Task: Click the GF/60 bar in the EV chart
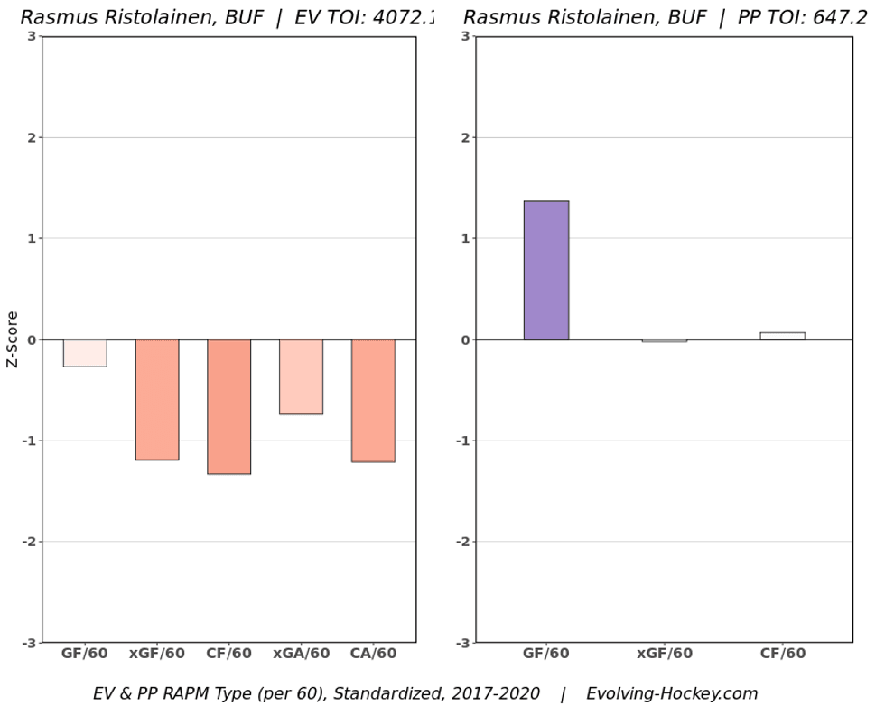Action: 85,353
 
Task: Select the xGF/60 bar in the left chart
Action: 157,400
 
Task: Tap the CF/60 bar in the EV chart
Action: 228,406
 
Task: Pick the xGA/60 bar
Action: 301,376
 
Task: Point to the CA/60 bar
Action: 373,401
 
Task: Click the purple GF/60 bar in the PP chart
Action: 546,271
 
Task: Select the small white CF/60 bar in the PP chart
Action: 782,336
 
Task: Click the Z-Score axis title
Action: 13,339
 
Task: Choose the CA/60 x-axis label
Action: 373,654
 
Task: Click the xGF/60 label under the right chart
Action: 665,654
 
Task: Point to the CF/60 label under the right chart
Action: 782,654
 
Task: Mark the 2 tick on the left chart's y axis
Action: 32,137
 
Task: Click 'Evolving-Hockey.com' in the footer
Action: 672,694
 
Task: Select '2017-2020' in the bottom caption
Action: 498,694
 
